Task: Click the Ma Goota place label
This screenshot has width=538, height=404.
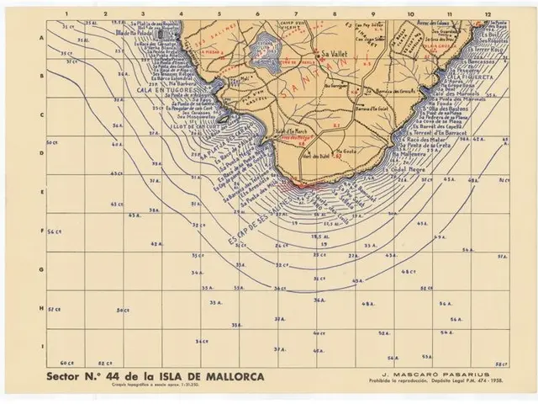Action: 345,152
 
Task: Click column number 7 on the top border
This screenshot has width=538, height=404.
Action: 296,14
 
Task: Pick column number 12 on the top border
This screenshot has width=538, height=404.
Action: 488,14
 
